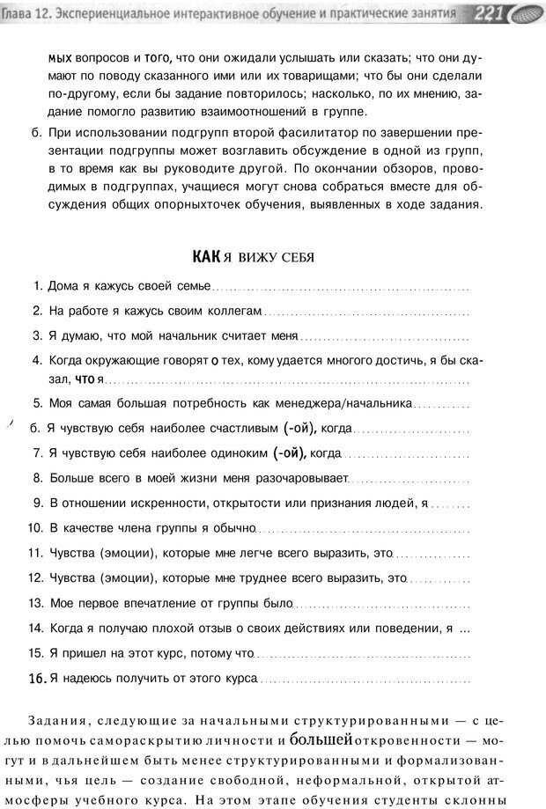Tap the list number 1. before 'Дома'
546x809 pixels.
point(38,286)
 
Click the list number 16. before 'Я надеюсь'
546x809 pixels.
point(37,679)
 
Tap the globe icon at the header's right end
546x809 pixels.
point(525,13)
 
